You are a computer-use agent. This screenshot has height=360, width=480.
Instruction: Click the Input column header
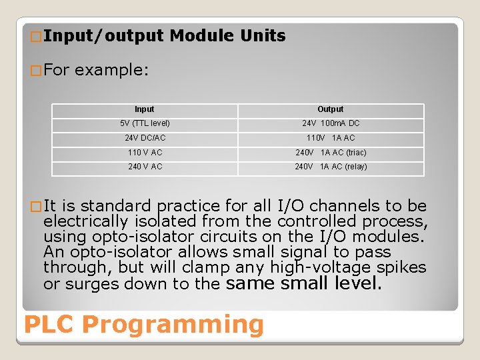[144, 109]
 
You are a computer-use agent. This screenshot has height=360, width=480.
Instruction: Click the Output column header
[330, 109]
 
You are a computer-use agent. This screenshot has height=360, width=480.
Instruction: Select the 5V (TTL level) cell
[145, 123]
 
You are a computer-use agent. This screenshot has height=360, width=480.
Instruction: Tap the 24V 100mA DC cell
[331, 123]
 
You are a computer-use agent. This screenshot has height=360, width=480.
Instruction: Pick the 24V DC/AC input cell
[145, 138]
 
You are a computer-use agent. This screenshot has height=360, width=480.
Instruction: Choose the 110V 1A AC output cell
[331, 138]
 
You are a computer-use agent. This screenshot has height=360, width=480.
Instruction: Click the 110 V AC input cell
[145, 153]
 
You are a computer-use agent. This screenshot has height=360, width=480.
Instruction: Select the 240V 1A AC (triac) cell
[331, 153]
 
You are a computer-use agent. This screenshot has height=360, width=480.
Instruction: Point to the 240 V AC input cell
[145, 167]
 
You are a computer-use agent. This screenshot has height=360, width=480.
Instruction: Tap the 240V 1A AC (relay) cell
[331, 167]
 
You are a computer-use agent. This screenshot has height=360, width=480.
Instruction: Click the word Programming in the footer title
[173, 325]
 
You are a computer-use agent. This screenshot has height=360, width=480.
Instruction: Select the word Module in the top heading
[201, 36]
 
